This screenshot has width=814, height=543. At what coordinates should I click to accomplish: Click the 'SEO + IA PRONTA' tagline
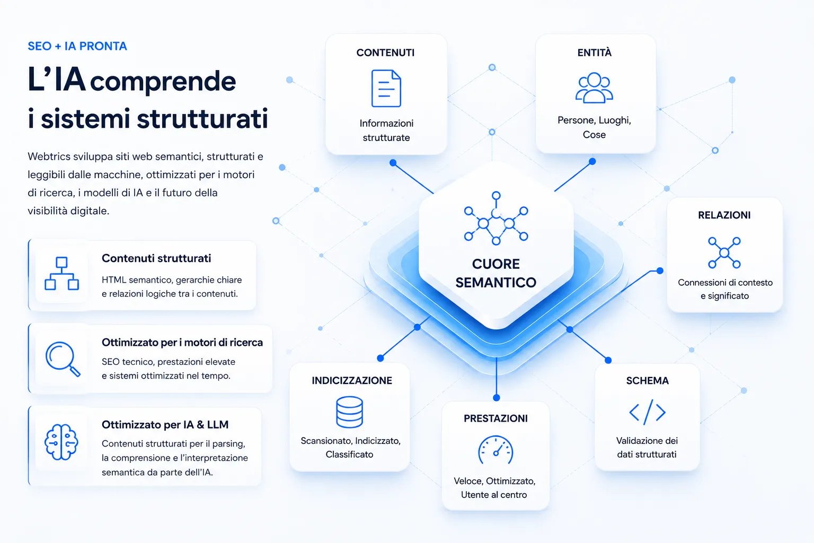point(77,46)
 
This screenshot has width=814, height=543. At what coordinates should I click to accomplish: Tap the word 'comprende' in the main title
point(163,82)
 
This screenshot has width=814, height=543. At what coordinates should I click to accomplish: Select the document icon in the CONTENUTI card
point(386,89)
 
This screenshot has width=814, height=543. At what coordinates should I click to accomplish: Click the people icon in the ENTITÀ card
point(594,87)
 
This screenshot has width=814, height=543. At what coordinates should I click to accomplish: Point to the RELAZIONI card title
point(724,215)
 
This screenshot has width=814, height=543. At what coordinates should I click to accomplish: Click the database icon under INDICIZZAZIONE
point(349,411)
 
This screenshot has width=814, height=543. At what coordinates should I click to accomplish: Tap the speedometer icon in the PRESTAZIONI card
point(496,450)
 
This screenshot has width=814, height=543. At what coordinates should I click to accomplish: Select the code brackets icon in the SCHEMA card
point(647,412)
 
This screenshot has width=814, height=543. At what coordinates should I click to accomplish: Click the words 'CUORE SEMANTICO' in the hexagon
point(496,273)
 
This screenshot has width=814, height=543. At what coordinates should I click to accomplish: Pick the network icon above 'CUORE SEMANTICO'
point(496,218)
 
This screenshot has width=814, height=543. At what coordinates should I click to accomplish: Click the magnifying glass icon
point(63,359)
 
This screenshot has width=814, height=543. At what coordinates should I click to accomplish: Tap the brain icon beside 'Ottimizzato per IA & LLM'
point(61,442)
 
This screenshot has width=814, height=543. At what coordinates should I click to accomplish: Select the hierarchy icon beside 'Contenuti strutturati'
point(61,274)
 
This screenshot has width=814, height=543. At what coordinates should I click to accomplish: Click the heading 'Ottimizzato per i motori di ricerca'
point(182,343)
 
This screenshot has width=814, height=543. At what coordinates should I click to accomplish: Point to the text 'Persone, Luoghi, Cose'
point(594,127)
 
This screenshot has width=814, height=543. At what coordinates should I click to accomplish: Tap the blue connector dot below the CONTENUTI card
point(393,163)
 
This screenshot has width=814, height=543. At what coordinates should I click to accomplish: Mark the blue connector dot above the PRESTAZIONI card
point(497,398)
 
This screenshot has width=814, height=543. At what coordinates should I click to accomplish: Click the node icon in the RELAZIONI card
point(724,252)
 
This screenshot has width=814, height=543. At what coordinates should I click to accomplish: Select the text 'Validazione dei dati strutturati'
point(647,448)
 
